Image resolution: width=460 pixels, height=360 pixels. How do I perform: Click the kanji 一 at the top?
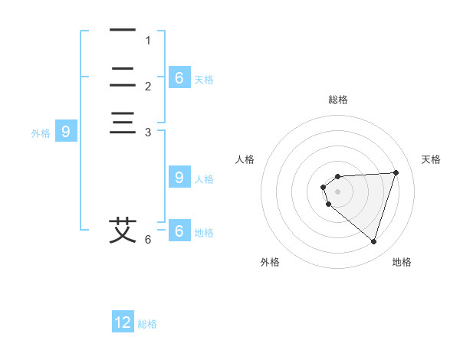point(123,30)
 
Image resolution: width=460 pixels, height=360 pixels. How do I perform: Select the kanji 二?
point(123,77)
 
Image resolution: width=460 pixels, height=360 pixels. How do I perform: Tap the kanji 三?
point(123,123)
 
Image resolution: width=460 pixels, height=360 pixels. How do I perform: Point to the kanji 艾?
point(123,231)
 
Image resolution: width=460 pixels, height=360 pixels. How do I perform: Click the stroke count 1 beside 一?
point(148,41)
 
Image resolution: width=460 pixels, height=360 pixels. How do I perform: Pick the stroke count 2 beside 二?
point(148,87)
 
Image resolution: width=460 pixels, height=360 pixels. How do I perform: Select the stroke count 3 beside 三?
point(148,133)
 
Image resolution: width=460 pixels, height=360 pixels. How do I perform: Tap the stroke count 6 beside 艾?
point(148,240)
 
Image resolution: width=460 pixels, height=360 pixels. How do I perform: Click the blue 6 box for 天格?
point(179,77)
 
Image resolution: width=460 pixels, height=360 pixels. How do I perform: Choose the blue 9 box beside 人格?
point(179,176)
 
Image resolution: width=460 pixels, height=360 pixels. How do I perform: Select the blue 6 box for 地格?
point(179,230)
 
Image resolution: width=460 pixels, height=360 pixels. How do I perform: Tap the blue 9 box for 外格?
point(66,130)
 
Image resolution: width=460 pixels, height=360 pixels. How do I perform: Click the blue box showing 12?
point(123,321)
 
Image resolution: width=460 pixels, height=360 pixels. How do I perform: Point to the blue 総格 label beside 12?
point(147,324)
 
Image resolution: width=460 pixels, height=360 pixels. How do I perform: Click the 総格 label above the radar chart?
point(338,100)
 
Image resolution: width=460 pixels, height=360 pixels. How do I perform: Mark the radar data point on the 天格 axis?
point(396,172)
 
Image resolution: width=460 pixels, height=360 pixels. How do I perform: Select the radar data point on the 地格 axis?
point(373,242)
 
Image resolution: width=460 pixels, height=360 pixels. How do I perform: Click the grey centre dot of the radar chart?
point(337,191)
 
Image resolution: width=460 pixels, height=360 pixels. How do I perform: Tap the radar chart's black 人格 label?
point(245,159)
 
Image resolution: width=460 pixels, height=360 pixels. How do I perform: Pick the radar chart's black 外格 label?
point(270,262)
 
